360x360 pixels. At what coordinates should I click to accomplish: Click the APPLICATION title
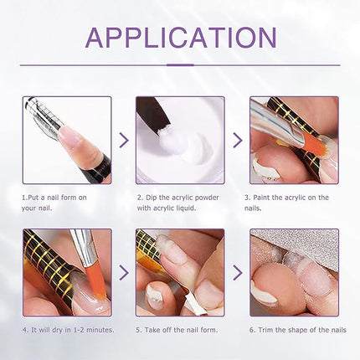(x=180, y=38)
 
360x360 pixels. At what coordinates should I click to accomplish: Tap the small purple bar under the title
(x=180, y=64)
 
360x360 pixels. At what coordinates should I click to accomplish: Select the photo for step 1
(x=66, y=140)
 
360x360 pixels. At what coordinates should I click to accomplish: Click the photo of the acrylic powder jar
(x=179, y=140)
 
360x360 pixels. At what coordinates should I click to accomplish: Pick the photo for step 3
(x=293, y=140)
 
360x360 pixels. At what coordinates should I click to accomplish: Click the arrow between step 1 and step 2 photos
(x=123, y=141)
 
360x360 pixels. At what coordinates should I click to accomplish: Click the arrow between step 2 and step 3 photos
(x=237, y=141)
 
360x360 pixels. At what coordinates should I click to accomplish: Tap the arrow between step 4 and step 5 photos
(x=123, y=273)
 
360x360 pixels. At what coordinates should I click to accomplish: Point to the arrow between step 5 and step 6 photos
(x=237, y=273)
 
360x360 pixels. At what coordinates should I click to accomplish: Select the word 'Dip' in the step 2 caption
(x=157, y=198)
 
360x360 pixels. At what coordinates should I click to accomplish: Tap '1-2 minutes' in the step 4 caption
(x=88, y=330)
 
